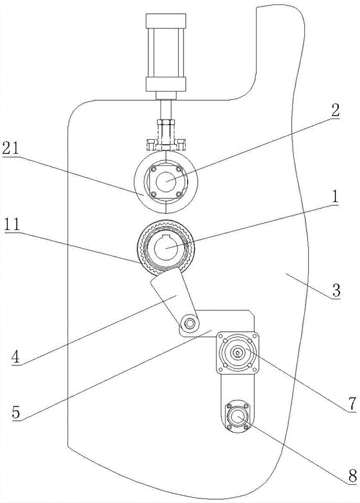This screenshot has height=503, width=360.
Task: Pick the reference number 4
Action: click(x=17, y=358)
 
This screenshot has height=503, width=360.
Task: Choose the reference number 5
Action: click(x=17, y=413)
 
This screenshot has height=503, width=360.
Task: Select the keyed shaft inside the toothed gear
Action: click(x=166, y=247)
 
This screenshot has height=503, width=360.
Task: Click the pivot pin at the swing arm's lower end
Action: click(x=190, y=323)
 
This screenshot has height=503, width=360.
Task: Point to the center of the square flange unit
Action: click(x=237, y=353)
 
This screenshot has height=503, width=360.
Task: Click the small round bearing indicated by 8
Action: click(x=237, y=416)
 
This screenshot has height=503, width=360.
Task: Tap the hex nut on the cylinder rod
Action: click(x=166, y=123)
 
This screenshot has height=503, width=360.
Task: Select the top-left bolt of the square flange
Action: click(x=221, y=337)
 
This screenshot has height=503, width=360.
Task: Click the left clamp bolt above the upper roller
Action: click(x=150, y=144)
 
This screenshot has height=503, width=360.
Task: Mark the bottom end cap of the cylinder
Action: click(x=166, y=83)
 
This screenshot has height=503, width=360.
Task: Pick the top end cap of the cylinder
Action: click(x=166, y=21)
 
